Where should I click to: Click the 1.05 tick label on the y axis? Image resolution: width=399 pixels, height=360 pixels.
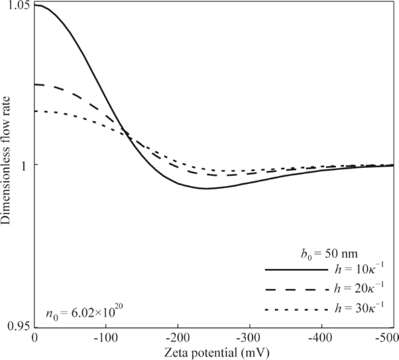point(15,6)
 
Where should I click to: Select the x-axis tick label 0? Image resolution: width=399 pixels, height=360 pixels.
point(34,337)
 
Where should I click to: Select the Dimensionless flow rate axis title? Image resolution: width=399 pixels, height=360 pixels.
point(7,166)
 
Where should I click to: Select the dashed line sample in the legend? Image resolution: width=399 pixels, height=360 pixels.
point(296,290)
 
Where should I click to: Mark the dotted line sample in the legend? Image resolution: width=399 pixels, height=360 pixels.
point(296,310)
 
